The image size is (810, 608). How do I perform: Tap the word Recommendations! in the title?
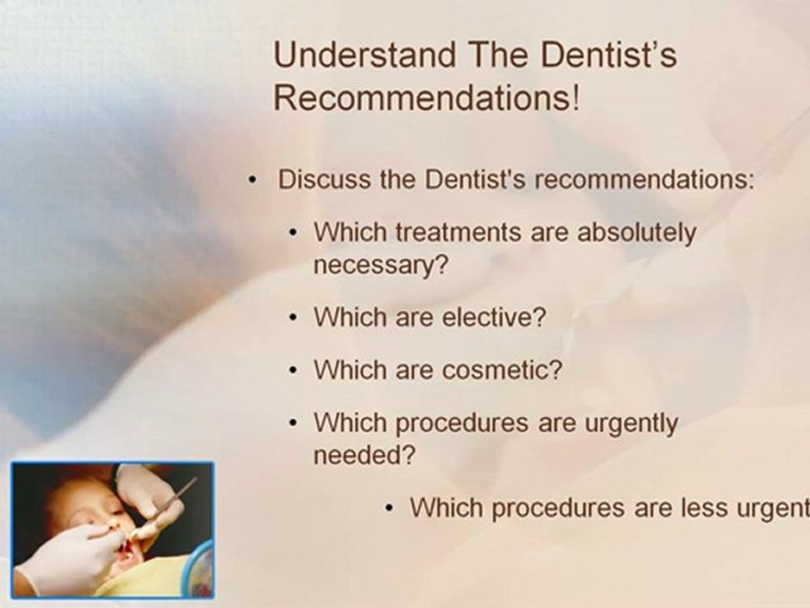(x=427, y=99)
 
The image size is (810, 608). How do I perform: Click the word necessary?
(x=380, y=265)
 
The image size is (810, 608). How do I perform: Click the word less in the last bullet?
(x=702, y=508)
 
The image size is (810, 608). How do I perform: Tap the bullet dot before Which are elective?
(x=293, y=319)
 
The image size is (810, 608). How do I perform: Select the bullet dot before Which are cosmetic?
(x=293, y=372)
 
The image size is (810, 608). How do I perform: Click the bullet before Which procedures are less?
(x=388, y=509)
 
